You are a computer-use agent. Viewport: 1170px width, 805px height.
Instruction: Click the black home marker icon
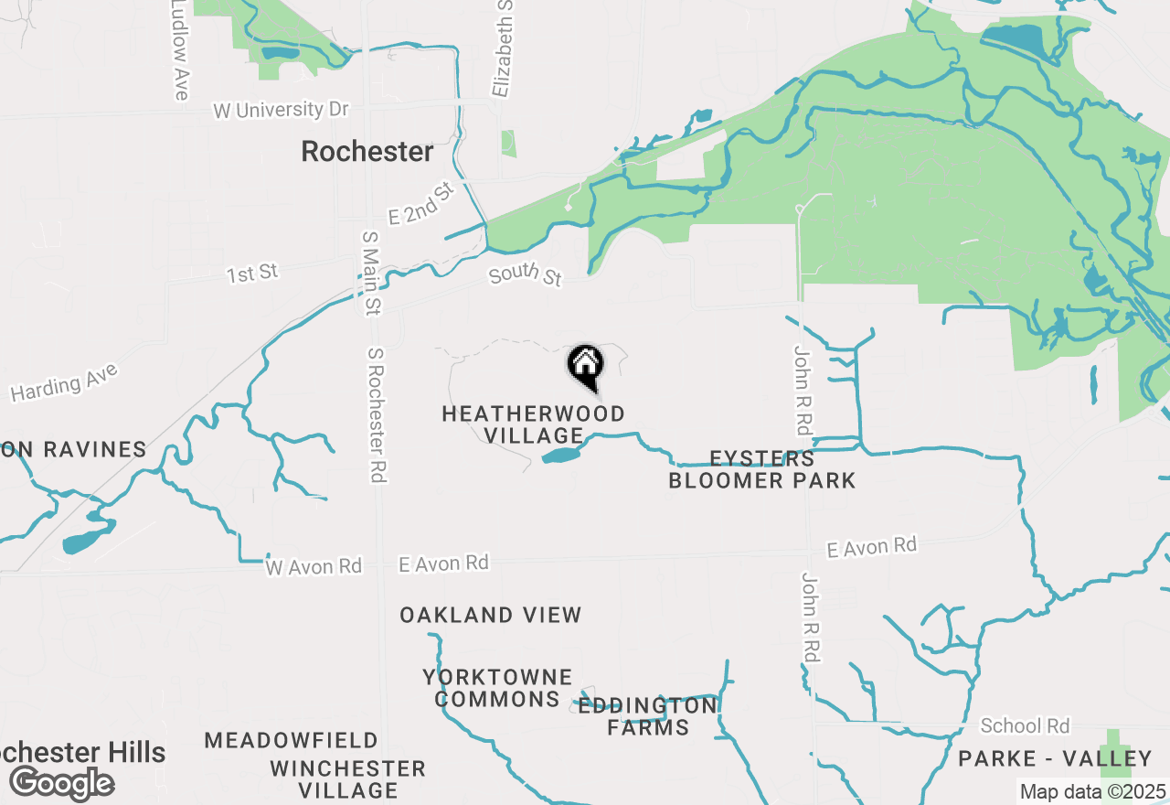[586, 366]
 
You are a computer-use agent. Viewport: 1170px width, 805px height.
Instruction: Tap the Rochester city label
[367, 152]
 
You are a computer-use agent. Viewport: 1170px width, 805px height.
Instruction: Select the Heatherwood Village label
[534, 424]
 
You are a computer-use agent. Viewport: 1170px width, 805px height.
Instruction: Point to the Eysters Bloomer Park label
[762, 469]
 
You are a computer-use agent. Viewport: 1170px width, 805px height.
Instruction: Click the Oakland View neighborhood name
[491, 615]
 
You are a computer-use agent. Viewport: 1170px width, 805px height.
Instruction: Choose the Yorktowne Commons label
[497, 688]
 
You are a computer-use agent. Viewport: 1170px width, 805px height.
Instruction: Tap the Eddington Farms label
[648, 716]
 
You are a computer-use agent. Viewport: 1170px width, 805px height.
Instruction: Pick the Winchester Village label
[348, 778]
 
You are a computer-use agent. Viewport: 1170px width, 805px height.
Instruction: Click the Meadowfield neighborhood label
[292, 740]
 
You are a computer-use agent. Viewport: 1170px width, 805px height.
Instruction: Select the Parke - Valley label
[1055, 758]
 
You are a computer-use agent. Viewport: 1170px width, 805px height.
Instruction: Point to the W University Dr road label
[282, 110]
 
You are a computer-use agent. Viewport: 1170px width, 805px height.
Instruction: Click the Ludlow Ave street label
[180, 50]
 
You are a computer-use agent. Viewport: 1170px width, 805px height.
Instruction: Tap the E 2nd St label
[421, 205]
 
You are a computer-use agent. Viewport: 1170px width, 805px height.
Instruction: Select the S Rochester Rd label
[376, 414]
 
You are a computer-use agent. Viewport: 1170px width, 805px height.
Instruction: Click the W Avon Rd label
[314, 566]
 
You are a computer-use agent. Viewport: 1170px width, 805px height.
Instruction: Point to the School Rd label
[1025, 726]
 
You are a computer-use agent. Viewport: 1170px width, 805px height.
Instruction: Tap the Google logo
[62, 784]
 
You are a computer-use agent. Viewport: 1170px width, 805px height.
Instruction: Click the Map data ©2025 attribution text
[1092, 791]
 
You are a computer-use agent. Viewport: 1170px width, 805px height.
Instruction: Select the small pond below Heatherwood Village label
[560, 455]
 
